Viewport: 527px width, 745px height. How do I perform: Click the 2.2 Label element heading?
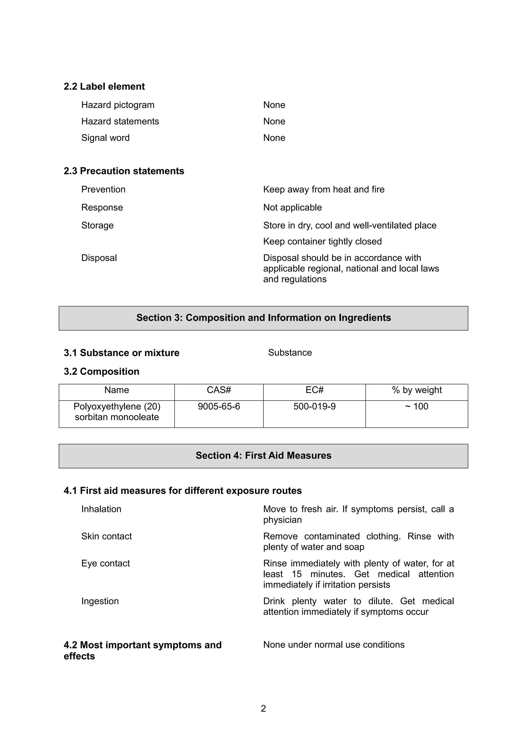[104, 86]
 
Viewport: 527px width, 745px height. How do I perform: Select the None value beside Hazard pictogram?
[274, 105]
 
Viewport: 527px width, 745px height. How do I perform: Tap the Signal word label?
[105, 138]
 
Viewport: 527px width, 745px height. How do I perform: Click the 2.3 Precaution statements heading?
[124, 171]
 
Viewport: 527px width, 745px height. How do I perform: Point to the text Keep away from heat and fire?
[323, 189]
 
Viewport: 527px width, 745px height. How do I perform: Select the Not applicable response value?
[292, 207]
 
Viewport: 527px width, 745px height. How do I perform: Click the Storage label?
[98, 225]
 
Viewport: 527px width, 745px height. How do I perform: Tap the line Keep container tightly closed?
[322, 241]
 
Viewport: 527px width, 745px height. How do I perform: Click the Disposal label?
[99, 258]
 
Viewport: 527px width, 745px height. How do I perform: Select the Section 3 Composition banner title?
[263, 318]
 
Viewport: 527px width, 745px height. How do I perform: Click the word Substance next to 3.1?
[290, 353]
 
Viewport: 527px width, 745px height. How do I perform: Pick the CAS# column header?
[219, 390]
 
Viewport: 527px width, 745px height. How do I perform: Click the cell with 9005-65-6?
[219, 407]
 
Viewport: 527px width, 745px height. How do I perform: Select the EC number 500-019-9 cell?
[314, 407]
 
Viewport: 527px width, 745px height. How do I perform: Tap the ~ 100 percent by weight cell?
[417, 407]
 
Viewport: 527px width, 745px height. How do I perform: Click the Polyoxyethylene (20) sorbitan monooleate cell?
[117, 412]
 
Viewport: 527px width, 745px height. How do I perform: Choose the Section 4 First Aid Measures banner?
[263, 456]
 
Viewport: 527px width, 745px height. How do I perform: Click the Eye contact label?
[106, 563]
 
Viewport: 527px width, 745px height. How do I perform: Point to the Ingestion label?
[100, 601]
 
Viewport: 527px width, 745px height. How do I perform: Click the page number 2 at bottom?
[263, 709]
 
